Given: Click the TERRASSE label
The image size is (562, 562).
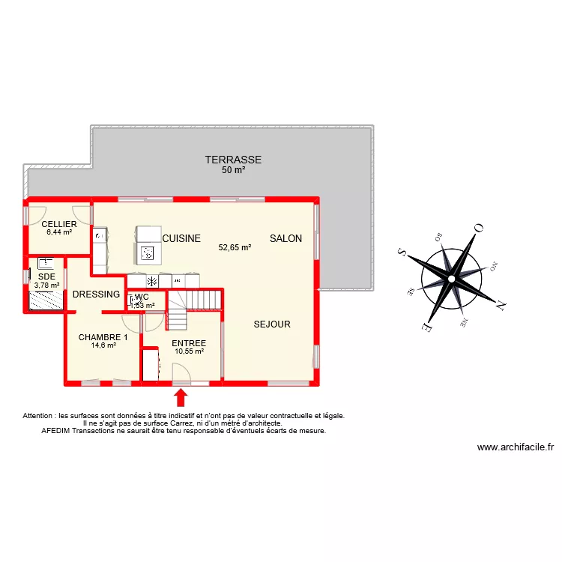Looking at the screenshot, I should click(234, 160).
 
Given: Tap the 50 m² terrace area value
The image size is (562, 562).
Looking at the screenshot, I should click(234, 170).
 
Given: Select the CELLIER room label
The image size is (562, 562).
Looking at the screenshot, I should click(59, 224).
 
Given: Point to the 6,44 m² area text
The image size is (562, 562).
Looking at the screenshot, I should click(59, 232).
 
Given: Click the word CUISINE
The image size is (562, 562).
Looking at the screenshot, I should click(181, 239).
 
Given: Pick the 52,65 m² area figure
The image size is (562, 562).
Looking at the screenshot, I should click(235, 247).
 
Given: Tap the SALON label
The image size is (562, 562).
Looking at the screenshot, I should click(286, 239).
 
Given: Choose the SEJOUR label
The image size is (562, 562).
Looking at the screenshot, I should click(272, 324).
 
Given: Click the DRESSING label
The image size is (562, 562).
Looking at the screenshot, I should click(97, 294).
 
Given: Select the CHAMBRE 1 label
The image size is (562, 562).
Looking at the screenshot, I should click(103, 337).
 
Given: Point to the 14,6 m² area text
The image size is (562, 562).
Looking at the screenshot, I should click(103, 345).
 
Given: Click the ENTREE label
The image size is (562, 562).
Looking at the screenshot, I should click(189, 343).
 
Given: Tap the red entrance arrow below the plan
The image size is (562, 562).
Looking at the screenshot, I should click(181, 396).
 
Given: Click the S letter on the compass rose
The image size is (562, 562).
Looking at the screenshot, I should click(402, 253).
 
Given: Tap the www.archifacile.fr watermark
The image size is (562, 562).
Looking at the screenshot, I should click(515, 447).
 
